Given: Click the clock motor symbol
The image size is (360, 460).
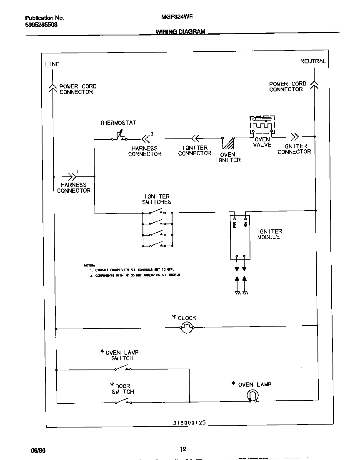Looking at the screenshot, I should [x=187, y=328].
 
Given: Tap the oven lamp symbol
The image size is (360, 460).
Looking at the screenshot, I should [x=252, y=396].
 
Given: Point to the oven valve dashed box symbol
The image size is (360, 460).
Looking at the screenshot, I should [x=262, y=125].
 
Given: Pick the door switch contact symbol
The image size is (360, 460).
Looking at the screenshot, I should [x=123, y=402].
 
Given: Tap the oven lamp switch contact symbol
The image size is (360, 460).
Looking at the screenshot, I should [x=123, y=368].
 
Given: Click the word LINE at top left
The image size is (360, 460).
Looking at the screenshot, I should [x=52, y=64].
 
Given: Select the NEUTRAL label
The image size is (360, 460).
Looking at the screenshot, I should [x=313, y=61].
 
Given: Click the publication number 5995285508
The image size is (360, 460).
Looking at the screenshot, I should [x=41, y=25].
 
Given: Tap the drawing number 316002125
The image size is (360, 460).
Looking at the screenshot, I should [x=189, y=422].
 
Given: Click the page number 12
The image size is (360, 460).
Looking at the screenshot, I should [x=183, y=449].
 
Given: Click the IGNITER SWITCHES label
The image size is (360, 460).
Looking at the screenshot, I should [x=157, y=199].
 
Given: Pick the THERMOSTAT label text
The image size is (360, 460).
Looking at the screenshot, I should [x=118, y=123].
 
